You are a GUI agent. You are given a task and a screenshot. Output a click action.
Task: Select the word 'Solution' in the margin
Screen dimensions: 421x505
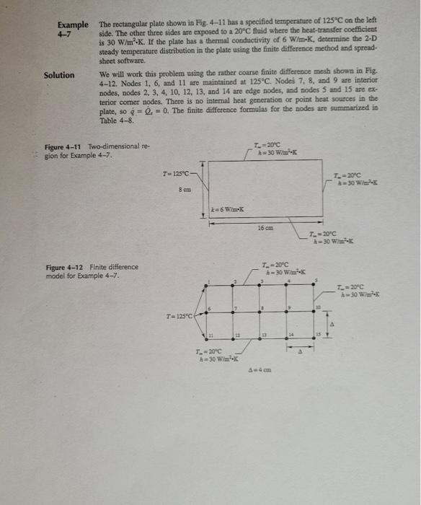coord(58,74)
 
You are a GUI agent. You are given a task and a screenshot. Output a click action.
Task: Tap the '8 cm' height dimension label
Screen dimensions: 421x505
coord(184,189)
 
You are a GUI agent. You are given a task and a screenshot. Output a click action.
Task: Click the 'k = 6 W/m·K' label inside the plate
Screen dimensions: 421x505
coord(227,209)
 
